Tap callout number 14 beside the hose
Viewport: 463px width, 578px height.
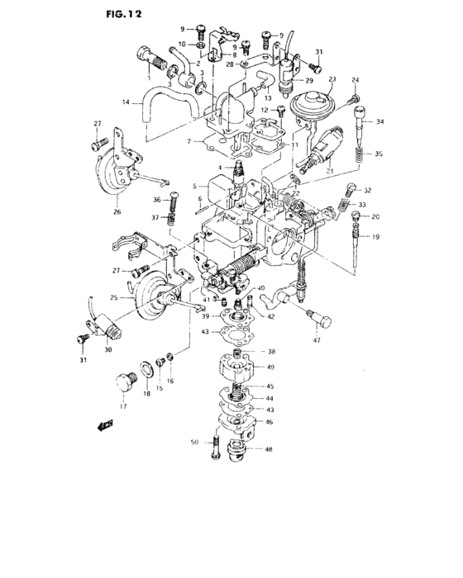pos(126,103)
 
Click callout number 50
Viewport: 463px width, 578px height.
pos(195,443)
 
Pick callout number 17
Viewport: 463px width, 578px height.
pos(124,406)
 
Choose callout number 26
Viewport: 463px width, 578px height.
pos(117,212)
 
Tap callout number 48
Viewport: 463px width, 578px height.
pos(269,450)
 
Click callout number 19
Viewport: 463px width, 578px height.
pos(375,237)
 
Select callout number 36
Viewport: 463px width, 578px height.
pos(156,199)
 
